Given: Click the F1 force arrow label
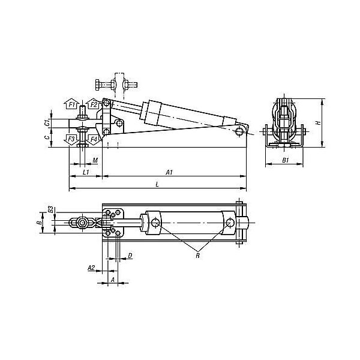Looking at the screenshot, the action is pos(72,105).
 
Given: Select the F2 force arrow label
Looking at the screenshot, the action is pos(94,104).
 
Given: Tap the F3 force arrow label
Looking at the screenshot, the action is pos(71,139).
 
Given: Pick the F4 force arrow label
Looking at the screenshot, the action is pos(94,139).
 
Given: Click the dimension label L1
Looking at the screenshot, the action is pos(86,172).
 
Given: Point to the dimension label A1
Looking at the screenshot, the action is pos(169,172).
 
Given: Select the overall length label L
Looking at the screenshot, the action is pos(157,184).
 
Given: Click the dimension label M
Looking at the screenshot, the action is pos(95,160).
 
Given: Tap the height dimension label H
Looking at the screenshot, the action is pos(318,123).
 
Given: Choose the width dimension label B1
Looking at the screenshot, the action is pos(286,160).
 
